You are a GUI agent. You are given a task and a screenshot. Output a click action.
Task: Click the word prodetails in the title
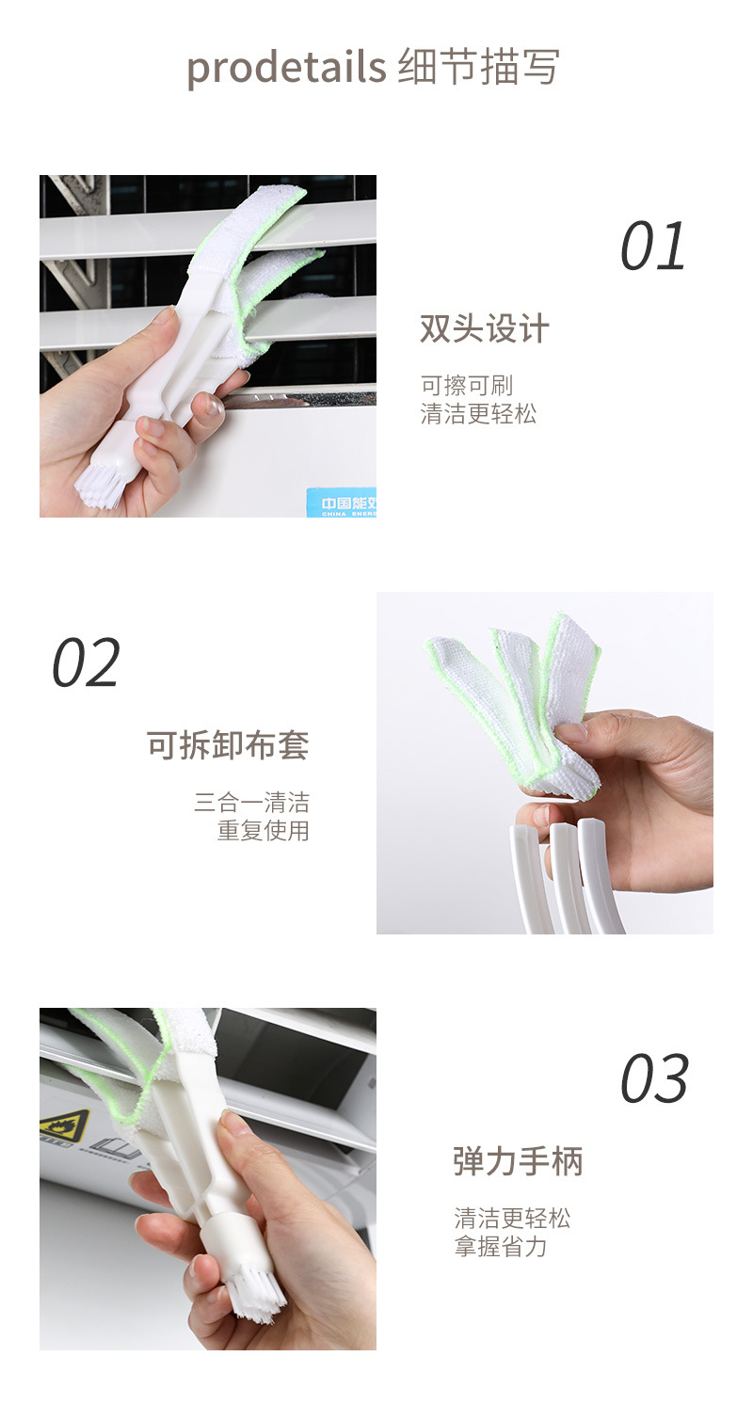pos(286,67)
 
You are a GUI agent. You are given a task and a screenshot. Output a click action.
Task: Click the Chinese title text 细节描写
pos(478,67)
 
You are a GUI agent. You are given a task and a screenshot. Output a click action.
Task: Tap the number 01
pos(652,247)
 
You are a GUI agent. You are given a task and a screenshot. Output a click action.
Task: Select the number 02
pos(86,662)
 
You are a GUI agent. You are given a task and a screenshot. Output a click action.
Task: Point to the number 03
pos(654,1078)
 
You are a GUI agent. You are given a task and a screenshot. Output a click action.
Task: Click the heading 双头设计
pos(485,328)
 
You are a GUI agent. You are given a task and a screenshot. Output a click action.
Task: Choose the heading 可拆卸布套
pos(228,745)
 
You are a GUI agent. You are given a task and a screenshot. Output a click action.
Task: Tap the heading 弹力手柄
pos(518,1160)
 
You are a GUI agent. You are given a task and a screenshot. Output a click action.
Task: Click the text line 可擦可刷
pos(467,386)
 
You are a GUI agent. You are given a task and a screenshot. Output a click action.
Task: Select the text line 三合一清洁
pos(251,803)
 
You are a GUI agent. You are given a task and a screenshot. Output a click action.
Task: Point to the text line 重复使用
pos(264,831)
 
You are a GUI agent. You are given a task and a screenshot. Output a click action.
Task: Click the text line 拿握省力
pos(501,1247)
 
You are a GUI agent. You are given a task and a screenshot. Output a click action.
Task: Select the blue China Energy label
pos(342,503)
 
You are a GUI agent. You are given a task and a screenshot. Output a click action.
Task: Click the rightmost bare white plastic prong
pos(600,876)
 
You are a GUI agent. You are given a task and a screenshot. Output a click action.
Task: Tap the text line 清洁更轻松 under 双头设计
pos(478,414)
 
